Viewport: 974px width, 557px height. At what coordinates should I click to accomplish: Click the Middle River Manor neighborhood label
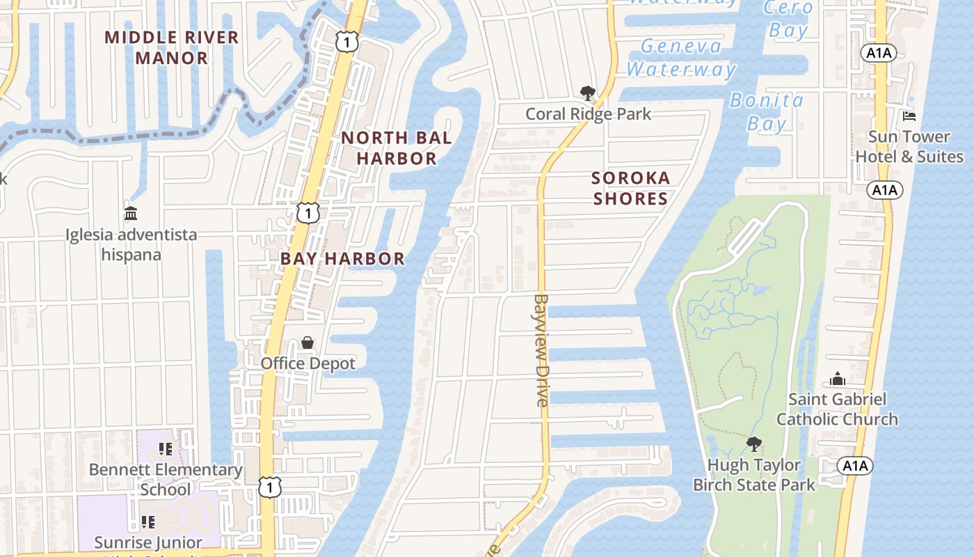pyautogui.click(x=171, y=47)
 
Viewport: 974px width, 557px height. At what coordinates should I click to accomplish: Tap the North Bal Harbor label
pyautogui.click(x=397, y=148)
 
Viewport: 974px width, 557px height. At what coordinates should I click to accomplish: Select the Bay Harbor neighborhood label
pyautogui.click(x=342, y=259)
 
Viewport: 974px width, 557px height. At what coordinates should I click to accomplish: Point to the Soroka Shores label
pyautogui.click(x=630, y=188)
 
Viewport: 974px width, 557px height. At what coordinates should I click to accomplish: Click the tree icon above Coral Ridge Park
pyautogui.click(x=588, y=93)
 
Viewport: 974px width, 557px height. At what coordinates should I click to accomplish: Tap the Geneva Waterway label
pyautogui.click(x=680, y=58)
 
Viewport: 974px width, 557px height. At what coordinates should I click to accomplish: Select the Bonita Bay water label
pyautogui.click(x=767, y=112)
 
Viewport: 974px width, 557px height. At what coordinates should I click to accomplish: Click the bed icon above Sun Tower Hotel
pyautogui.click(x=909, y=116)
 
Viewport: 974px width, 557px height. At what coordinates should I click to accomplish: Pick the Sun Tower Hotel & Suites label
pyautogui.click(x=909, y=146)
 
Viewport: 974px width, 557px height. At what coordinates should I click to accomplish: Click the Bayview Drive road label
pyautogui.click(x=542, y=350)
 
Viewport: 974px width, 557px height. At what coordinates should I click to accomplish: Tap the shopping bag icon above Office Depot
pyautogui.click(x=308, y=343)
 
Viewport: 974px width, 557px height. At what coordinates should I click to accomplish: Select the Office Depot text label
pyautogui.click(x=308, y=363)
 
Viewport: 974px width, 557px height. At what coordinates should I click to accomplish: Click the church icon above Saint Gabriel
pyautogui.click(x=837, y=379)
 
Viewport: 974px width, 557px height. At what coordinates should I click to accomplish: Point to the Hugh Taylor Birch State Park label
pyautogui.click(x=753, y=474)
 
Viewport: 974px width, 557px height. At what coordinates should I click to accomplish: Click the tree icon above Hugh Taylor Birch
pyautogui.click(x=753, y=444)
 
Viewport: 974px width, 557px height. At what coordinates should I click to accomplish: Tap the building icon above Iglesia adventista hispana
pyautogui.click(x=131, y=213)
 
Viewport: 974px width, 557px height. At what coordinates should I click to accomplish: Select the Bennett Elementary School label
pyautogui.click(x=166, y=479)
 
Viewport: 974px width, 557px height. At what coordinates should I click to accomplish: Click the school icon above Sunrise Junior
pyautogui.click(x=147, y=521)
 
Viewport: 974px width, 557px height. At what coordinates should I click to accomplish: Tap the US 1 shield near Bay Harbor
pyautogui.click(x=308, y=212)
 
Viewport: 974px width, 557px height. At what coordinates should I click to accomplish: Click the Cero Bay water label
pyautogui.click(x=788, y=19)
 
